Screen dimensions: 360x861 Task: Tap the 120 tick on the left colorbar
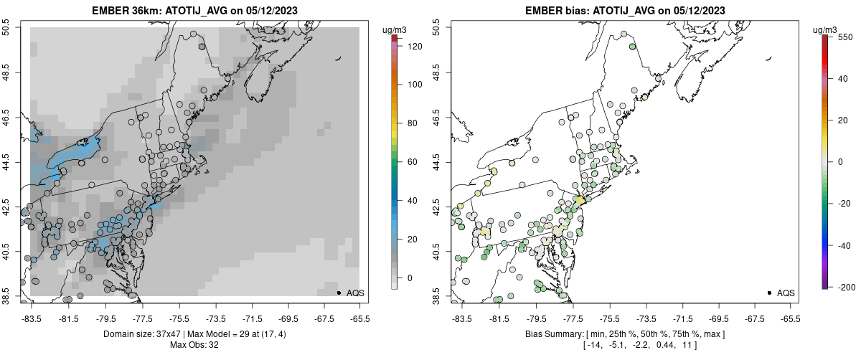(x=415, y=46)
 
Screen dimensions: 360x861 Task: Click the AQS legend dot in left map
(x=338, y=293)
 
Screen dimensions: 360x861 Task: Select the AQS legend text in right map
(x=786, y=293)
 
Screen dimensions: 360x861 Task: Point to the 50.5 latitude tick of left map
(x=7, y=28)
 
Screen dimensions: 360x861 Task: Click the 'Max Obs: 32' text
(x=194, y=345)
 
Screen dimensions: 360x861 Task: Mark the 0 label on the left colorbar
(x=410, y=278)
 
